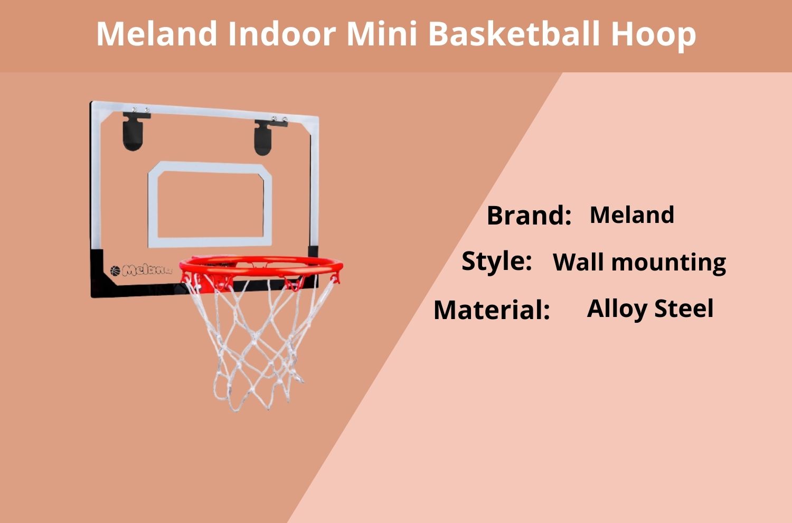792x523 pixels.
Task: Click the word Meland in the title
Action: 157,33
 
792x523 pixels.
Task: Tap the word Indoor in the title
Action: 282,33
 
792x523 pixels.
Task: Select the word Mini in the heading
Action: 382,33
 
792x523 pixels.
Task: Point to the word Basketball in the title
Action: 514,33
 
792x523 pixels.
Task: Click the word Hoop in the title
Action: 654,36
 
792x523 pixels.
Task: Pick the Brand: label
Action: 529,215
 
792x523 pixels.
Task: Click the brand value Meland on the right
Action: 632,214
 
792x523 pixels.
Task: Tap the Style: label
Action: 496,261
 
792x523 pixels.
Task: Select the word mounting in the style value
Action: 668,264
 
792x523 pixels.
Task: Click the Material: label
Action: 492,310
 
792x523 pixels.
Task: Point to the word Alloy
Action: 617,310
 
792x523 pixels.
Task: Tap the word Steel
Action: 684,308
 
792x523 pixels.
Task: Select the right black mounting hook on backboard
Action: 265,137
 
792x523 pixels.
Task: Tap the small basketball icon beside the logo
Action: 115,270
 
